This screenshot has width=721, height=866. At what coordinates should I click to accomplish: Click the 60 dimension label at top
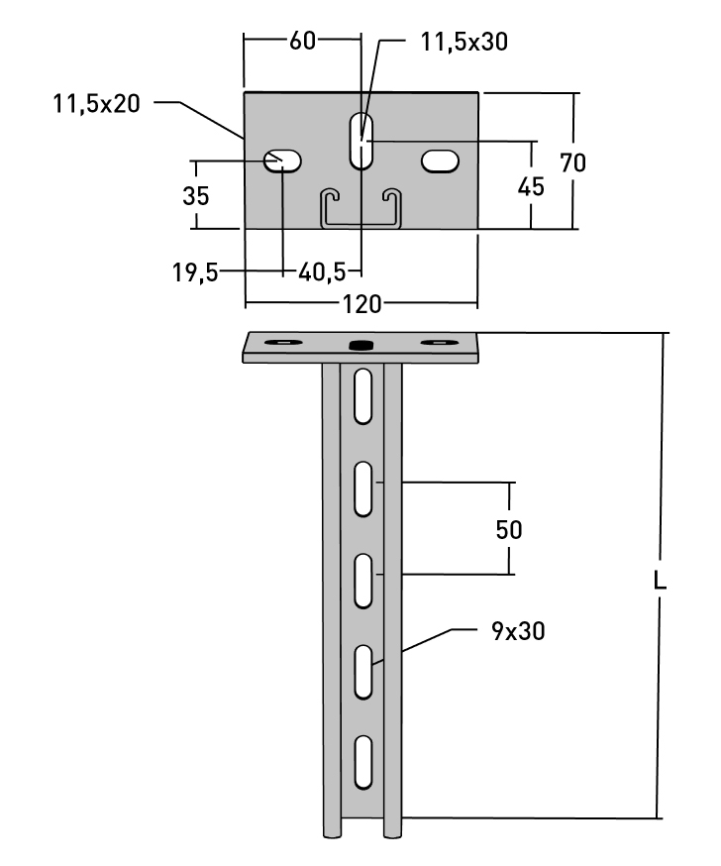(303, 41)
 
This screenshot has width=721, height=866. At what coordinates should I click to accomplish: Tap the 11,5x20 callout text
(96, 103)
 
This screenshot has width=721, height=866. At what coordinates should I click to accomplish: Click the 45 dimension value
(532, 186)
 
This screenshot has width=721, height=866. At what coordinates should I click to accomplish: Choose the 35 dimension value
(196, 195)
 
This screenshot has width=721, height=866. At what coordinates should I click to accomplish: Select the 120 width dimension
(360, 303)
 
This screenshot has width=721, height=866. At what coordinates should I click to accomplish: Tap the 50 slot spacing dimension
(509, 529)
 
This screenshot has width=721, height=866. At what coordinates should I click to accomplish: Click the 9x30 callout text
(517, 630)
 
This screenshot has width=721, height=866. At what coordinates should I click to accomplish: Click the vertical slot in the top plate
(361, 141)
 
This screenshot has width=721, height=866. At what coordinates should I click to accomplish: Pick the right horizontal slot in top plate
(441, 161)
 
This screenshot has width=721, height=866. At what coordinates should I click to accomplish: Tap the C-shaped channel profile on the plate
(361, 208)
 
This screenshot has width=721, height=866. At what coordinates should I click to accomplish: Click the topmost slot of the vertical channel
(362, 391)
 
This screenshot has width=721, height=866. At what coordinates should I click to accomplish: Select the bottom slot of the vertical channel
(362, 762)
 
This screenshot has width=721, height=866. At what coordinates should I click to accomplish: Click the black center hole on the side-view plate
(361, 345)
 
